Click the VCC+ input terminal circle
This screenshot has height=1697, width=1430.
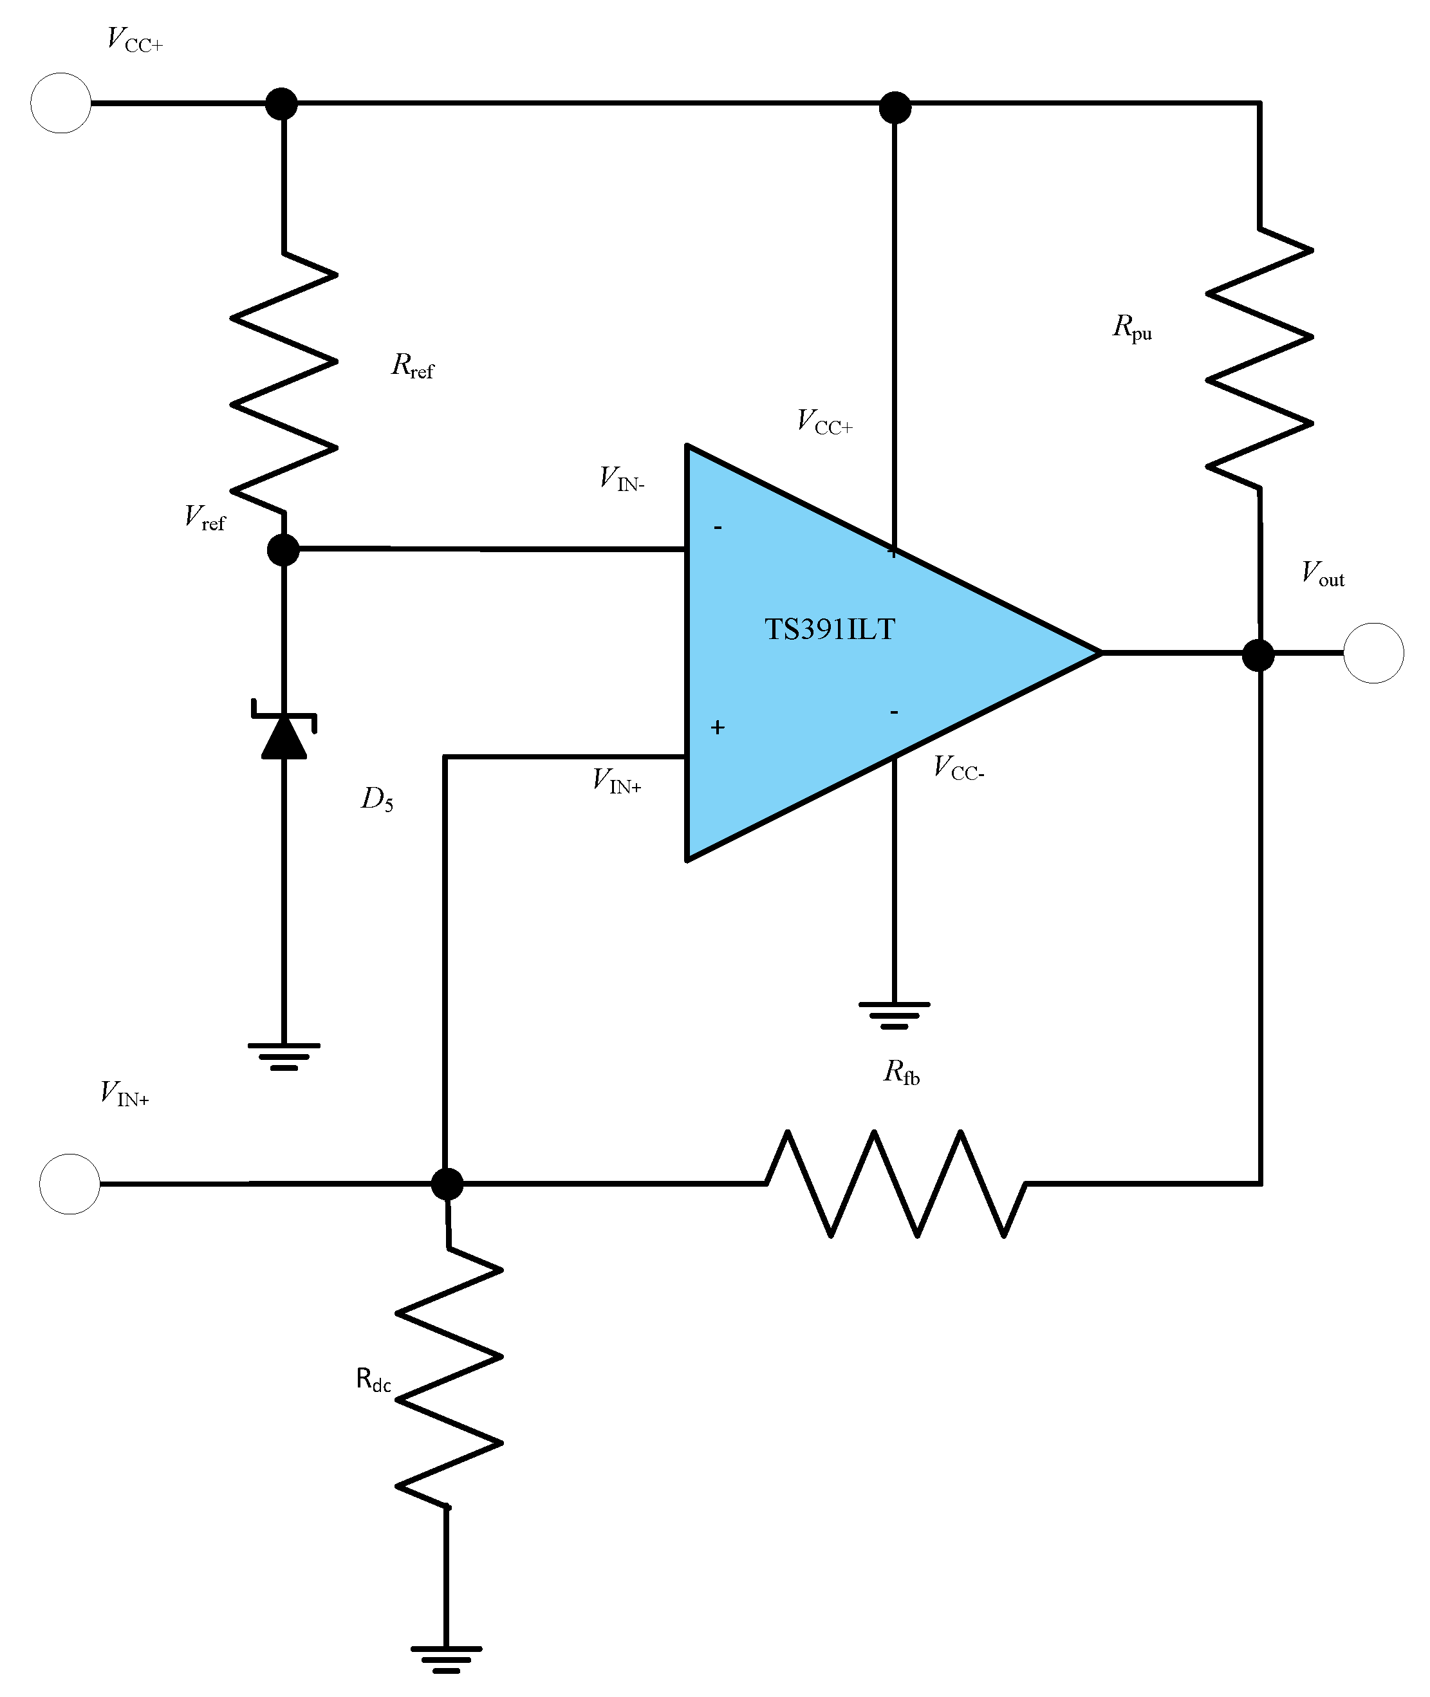coord(60,103)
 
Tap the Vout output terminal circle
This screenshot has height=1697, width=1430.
coord(1373,653)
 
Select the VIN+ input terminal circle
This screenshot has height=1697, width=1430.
coord(70,1184)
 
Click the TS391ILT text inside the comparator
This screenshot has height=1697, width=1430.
coord(830,629)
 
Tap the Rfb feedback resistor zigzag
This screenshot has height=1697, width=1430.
coord(896,1183)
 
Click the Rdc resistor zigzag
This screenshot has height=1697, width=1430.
coord(449,1378)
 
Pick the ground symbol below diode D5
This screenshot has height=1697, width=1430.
coord(284,1056)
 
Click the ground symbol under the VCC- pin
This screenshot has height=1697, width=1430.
coord(894,1015)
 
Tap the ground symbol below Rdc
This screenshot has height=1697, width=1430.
coord(446,1659)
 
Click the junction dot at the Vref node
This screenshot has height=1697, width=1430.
coord(284,550)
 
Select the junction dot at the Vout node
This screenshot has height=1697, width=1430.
coord(1258,655)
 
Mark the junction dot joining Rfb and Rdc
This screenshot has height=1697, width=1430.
coord(447,1184)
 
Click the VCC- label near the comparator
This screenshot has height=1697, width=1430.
coord(958,768)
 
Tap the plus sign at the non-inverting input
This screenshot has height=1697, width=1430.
coord(718,728)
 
